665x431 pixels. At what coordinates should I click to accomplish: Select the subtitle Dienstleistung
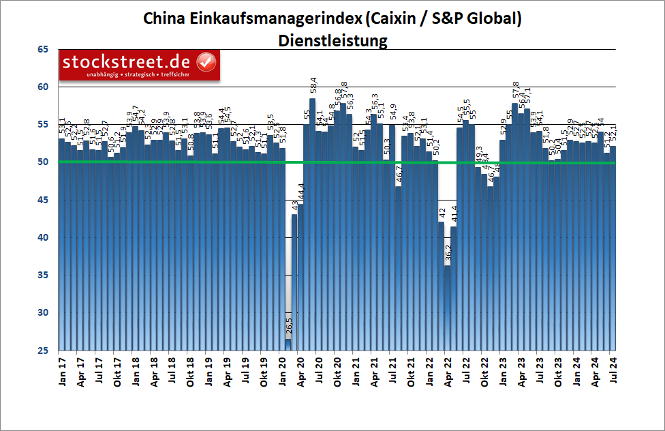[332, 40]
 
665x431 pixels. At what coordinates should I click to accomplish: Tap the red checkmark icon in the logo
[206, 62]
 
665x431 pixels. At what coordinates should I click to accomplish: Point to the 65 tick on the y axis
[44, 49]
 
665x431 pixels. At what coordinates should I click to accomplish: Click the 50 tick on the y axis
[44, 162]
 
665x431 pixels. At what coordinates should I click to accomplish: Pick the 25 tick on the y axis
[44, 351]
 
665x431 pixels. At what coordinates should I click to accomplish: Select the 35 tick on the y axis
[44, 275]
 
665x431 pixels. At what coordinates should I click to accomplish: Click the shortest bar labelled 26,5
[288, 344]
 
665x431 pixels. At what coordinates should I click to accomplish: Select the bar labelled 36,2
[447, 307]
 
